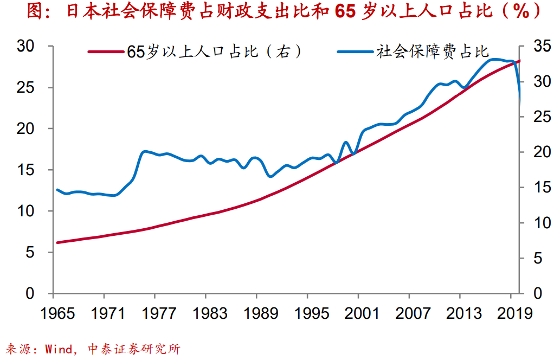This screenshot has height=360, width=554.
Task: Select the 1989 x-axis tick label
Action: [257, 313]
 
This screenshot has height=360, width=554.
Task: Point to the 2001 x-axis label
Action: [358, 313]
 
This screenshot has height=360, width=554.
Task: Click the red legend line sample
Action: [106, 52]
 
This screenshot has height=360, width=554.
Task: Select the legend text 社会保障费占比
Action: [433, 52]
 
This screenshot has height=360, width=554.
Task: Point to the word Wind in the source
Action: [59, 349]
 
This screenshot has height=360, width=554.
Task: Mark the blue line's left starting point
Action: [57, 190]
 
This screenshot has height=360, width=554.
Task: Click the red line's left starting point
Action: [57, 242]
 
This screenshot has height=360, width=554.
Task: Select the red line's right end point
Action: [519, 61]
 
